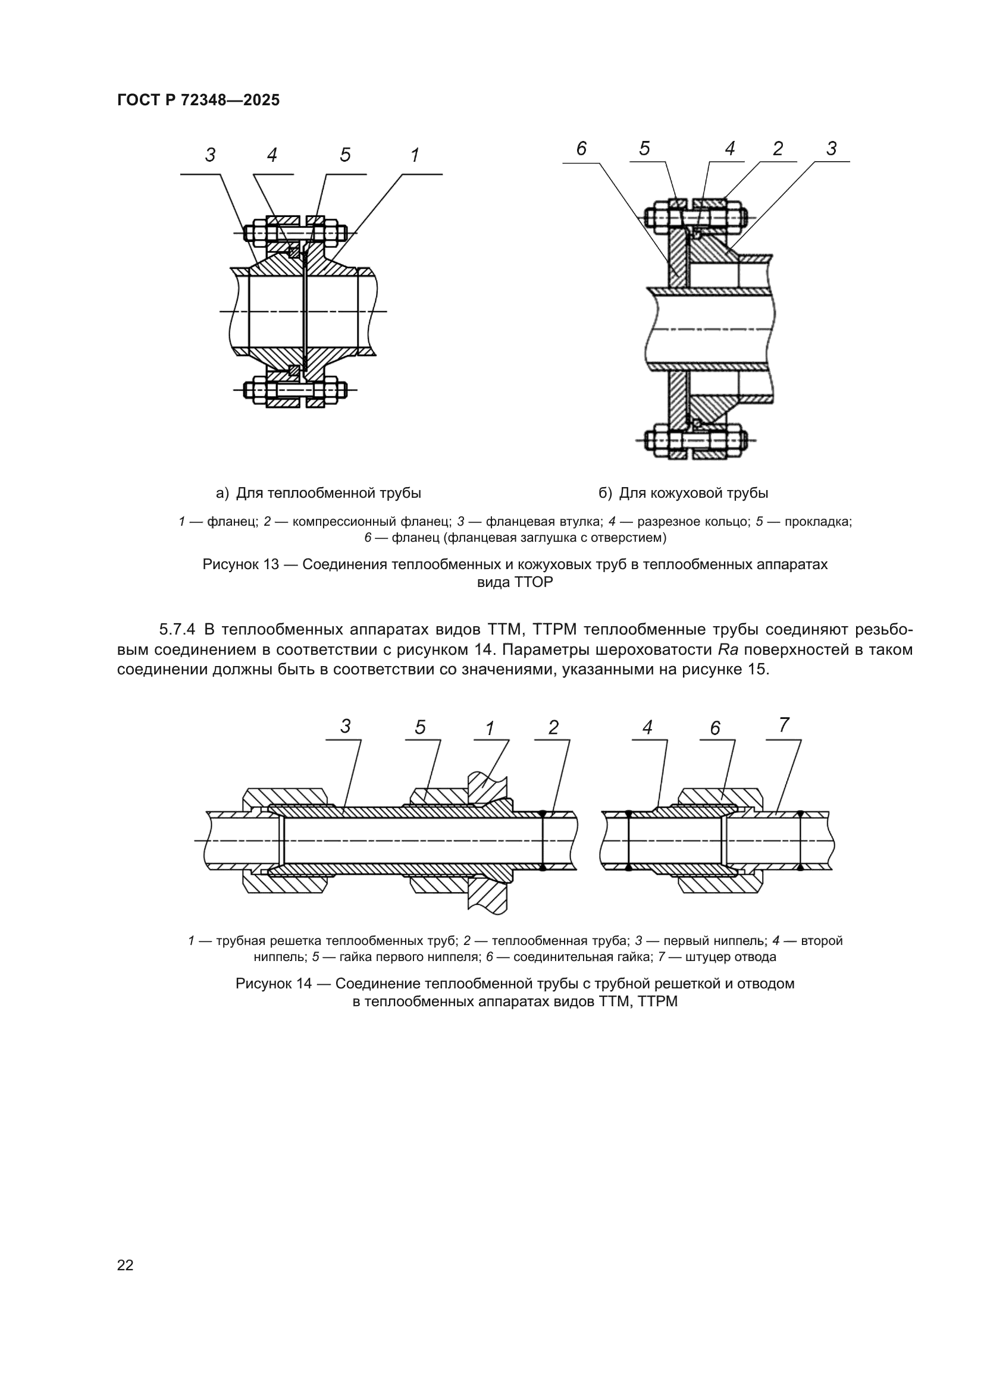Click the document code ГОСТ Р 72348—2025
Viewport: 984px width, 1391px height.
point(198,100)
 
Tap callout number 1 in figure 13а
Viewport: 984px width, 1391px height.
point(415,156)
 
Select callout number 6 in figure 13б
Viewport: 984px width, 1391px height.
point(581,149)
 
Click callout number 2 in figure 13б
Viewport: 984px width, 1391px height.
point(778,149)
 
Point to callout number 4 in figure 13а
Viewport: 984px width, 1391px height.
point(272,156)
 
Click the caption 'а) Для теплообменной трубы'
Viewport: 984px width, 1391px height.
point(319,493)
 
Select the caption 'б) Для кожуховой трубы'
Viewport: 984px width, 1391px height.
point(684,493)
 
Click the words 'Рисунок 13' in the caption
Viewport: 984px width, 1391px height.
point(240,564)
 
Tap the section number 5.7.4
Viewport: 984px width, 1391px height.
point(177,629)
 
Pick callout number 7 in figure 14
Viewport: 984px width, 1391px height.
point(784,724)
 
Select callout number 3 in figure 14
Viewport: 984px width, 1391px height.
point(346,726)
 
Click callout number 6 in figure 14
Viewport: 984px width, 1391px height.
point(715,729)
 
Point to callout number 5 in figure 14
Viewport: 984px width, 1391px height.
point(421,727)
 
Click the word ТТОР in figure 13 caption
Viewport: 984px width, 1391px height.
point(532,583)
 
